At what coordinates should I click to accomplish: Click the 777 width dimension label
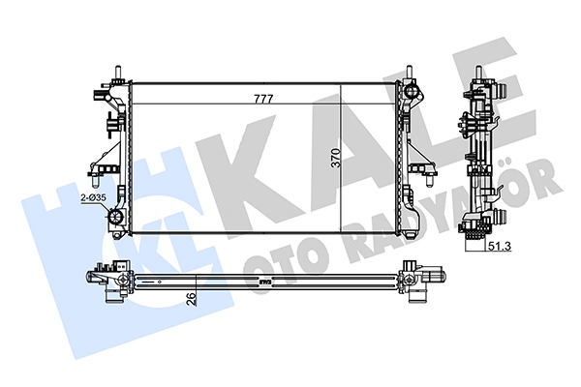(x=263, y=99)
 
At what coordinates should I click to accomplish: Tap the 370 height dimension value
(x=336, y=158)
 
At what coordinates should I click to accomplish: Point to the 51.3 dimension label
(x=499, y=246)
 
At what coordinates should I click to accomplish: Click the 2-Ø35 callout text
(x=94, y=198)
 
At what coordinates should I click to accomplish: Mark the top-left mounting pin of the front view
(x=118, y=73)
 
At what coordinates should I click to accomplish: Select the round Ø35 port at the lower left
(x=115, y=217)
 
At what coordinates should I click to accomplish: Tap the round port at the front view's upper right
(x=412, y=90)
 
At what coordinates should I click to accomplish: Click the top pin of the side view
(x=478, y=73)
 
